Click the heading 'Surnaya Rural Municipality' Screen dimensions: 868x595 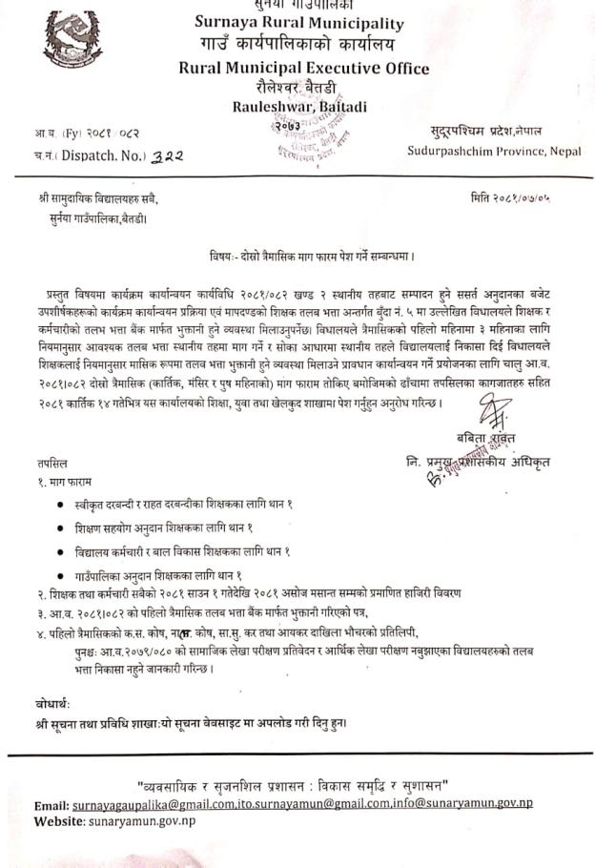[x=299, y=23]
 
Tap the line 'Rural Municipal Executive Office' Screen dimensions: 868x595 [x=303, y=68]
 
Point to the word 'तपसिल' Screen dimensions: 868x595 [x=43, y=462]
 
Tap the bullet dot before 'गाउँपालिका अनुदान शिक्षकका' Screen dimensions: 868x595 [x=62, y=574]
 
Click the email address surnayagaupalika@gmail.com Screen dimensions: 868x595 [x=154, y=804]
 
